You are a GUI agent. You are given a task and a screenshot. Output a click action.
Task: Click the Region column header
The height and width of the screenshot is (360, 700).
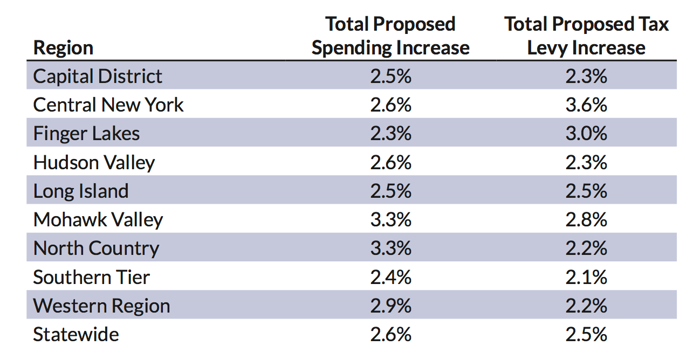click(63, 47)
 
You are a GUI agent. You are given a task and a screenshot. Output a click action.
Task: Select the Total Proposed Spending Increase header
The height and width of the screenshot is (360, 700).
click(390, 36)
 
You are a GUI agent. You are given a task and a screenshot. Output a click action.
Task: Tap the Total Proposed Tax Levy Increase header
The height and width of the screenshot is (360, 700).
click(586, 36)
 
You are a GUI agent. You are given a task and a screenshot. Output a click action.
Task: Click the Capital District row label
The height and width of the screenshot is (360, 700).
click(98, 76)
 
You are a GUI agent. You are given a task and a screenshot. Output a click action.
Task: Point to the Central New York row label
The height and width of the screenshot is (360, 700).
click(108, 105)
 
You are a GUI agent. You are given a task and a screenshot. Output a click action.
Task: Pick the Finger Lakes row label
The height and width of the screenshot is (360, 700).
click(86, 133)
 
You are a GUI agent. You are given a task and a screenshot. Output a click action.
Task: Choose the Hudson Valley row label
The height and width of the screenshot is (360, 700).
click(94, 162)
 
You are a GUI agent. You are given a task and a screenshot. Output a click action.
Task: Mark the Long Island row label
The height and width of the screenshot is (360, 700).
click(81, 191)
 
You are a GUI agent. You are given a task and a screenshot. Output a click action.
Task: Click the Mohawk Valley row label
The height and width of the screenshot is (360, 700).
click(98, 219)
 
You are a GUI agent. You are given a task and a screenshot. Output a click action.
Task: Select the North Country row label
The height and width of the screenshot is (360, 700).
click(97, 248)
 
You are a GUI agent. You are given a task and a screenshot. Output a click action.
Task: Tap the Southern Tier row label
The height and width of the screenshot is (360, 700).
click(92, 277)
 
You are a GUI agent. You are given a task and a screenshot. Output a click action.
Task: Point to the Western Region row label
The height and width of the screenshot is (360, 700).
click(101, 306)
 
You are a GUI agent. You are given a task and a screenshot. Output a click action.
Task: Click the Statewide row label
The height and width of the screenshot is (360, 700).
click(76, 334)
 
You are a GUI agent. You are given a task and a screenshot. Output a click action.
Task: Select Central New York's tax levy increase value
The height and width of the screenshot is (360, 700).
click(586, 105)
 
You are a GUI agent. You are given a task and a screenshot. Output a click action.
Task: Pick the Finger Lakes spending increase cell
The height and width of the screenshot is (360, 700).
click(390, 133)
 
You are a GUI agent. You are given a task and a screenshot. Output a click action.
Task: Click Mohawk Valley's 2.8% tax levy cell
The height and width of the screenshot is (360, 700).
click(586, 219)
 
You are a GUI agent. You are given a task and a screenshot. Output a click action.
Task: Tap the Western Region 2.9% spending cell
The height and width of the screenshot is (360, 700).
click(390, 306)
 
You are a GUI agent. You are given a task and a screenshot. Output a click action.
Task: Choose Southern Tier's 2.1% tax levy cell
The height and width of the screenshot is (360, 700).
click(586, 277)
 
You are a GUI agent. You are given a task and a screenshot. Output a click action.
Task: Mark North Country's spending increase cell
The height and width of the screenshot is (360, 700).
click(390, 248)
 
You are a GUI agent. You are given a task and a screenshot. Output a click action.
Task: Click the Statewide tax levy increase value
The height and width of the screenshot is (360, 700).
click(586, 334)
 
